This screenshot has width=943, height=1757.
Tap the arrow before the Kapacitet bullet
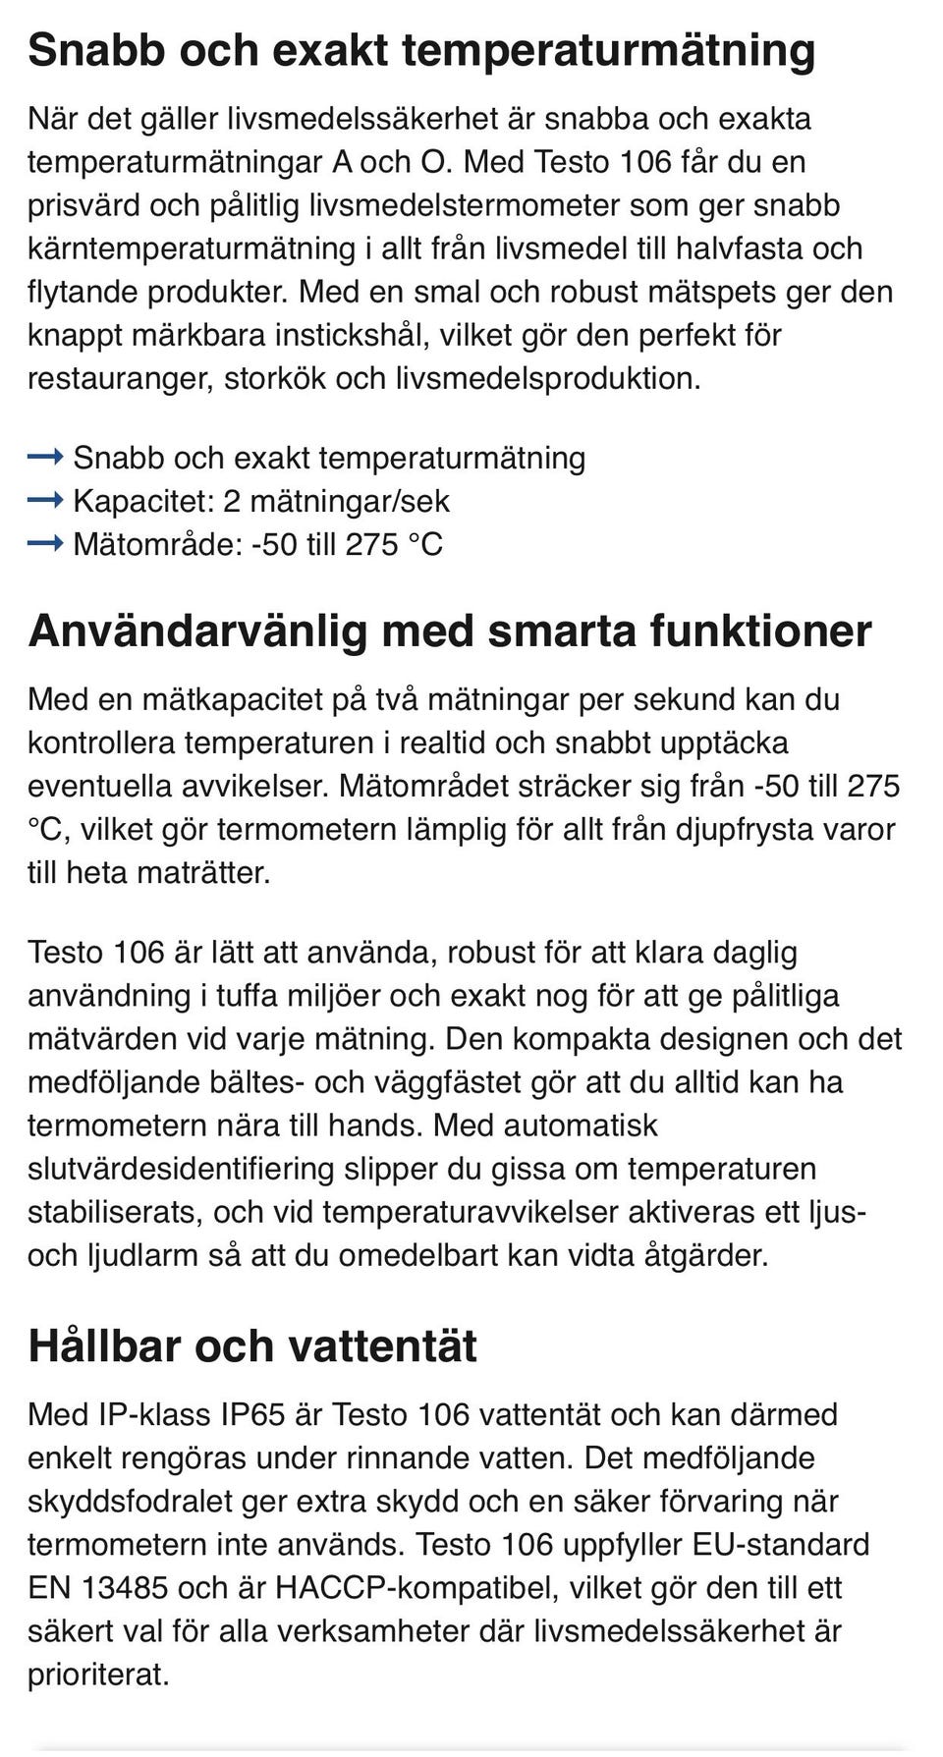pos(45,500)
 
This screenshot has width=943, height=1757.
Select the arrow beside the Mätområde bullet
pos(45,543)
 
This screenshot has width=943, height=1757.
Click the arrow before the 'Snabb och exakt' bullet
pos(45,457)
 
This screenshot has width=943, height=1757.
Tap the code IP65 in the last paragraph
pos(252,1414)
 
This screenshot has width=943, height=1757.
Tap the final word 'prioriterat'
pos(98,1674)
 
